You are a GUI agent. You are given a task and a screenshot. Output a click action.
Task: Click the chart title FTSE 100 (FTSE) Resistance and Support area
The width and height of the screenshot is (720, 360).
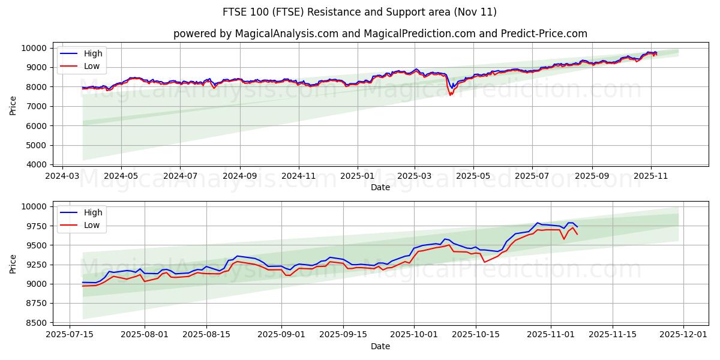point(359,12)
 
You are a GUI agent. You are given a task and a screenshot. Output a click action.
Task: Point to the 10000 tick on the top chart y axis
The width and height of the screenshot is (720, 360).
point(34,48)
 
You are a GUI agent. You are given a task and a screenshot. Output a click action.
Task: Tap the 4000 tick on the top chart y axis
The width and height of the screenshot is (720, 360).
point(37,164)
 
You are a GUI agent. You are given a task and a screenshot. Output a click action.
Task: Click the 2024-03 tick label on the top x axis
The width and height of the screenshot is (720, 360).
point(63,176)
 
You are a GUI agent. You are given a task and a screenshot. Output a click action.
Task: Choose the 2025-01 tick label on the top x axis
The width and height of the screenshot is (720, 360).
point(358,176)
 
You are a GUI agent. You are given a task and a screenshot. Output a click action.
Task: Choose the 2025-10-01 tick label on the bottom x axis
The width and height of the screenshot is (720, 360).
point(414,335)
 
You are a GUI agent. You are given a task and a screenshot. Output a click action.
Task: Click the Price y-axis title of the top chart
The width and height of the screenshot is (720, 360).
point(13,106)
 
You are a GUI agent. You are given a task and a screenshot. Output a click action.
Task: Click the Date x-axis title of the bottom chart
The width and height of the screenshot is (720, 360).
point(380,346)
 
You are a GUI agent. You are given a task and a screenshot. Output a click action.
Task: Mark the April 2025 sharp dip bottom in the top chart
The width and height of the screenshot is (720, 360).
point(451,95)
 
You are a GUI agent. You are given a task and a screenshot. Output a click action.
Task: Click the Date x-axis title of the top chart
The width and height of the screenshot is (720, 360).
point(380,187)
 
